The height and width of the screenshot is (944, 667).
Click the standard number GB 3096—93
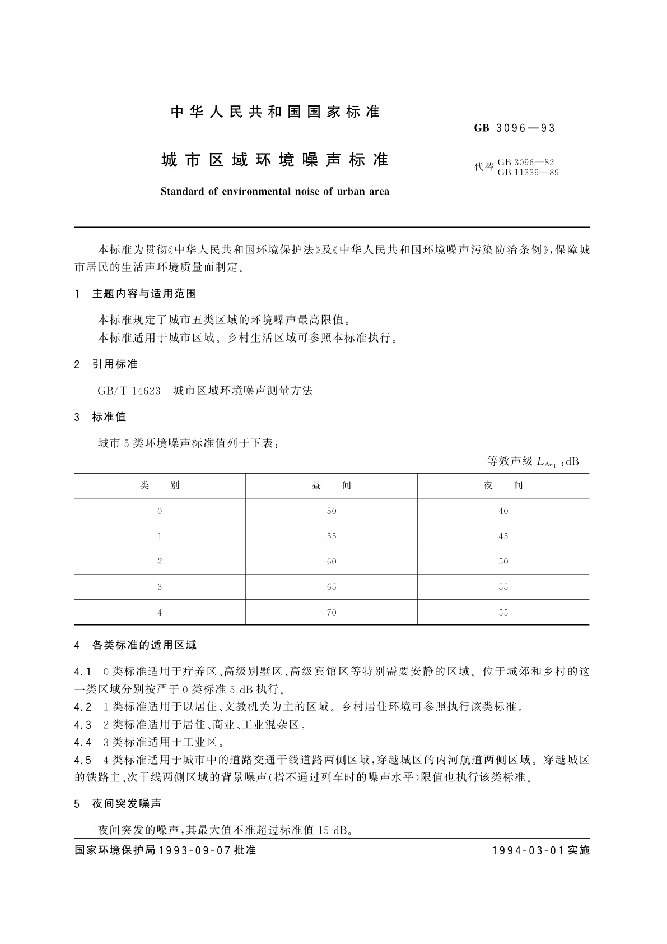tap(514, 128)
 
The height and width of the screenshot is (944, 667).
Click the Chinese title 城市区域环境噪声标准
tap(274, 160)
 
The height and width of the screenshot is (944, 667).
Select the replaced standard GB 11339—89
tap(528, 173)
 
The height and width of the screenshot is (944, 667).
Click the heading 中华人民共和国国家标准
tap(275, 112)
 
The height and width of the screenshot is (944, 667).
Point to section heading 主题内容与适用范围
tap(144, 294)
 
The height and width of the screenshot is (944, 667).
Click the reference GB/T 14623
tap(129, 391)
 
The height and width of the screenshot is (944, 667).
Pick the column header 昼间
tap(332, 485)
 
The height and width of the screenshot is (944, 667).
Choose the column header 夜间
tap(503, 485)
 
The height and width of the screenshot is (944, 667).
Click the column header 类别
tap(160, 485)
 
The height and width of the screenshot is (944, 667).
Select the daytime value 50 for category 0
tap(332, 511)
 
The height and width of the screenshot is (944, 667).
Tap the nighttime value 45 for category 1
tap(503, 536)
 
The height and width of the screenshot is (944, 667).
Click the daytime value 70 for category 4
tap(332, 613)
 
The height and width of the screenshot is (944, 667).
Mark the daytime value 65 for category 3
tap(332, 587)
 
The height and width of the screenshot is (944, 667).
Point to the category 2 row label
tap(160, 562)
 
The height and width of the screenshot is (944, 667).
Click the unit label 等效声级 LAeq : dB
tap(533, 462)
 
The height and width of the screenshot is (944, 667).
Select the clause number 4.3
tap(82, 725)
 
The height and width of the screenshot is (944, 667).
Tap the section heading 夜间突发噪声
tap(127, 804)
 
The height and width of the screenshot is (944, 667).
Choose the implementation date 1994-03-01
tap(529, 850)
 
